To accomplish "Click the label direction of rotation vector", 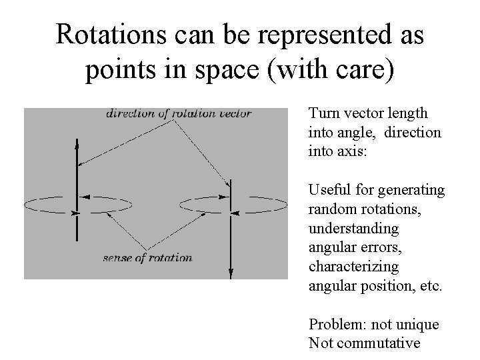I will tap(178, 113).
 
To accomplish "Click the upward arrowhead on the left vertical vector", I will tap(77, 143).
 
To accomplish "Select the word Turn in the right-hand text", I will tap(322, 114).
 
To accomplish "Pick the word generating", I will tap(417, 191).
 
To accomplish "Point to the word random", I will tap(329, 209).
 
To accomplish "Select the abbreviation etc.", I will tap(430, 286).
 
